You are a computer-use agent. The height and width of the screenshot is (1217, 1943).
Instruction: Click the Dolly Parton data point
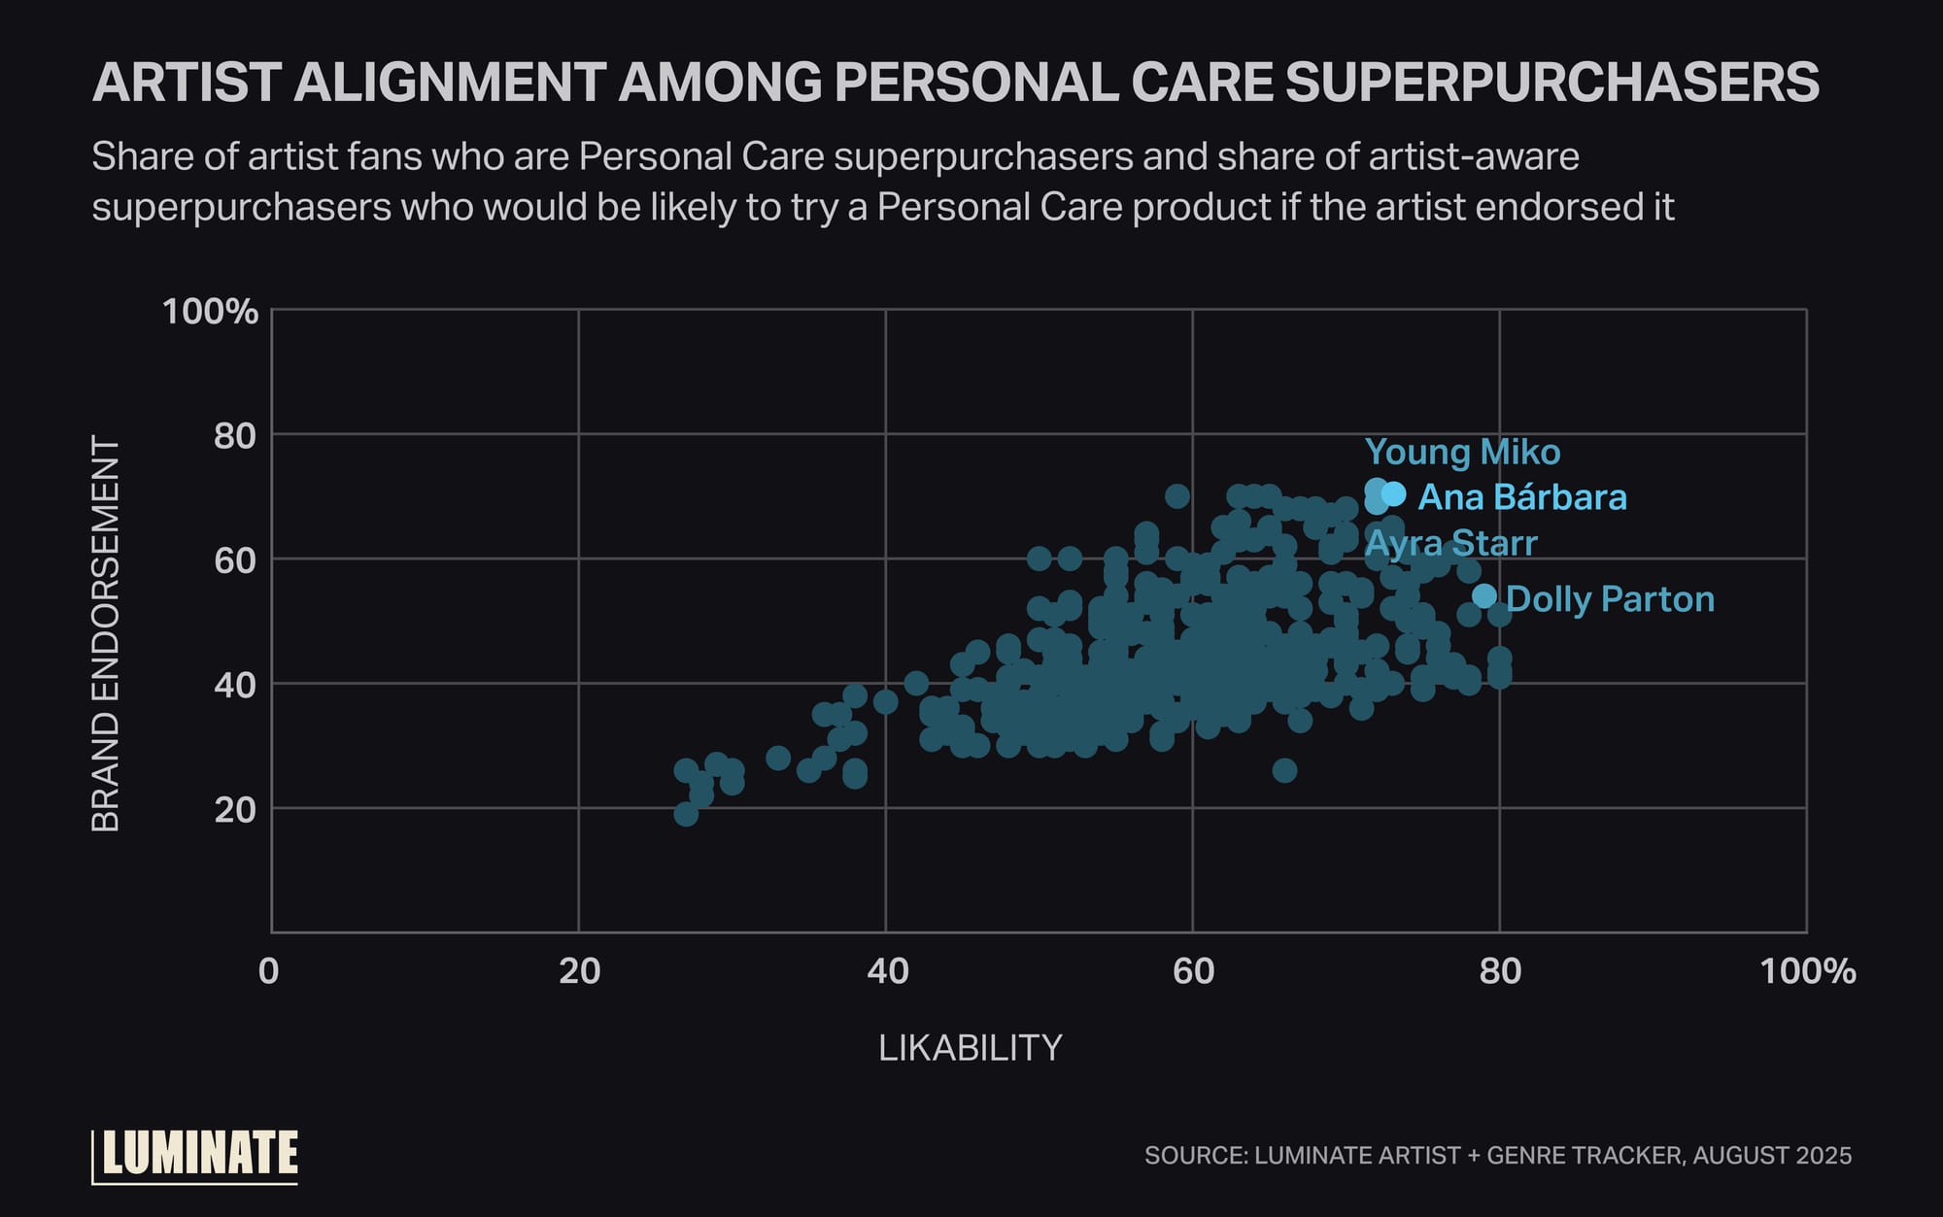pos(1483,595)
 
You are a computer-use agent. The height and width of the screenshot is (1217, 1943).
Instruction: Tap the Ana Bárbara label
pos(1521,497)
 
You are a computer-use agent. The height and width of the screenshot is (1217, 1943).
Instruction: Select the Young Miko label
pos(1462,452)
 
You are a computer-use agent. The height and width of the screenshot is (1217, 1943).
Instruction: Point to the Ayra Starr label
pos(1450,543)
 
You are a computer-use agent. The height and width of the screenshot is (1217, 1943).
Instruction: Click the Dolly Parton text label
pos(1610,599)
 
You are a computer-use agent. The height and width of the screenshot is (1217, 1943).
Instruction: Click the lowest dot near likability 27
pos(686,814)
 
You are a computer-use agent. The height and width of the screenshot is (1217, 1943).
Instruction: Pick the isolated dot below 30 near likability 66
pos(1284,770)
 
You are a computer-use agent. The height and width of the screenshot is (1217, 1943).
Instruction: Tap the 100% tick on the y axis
pos(210,312)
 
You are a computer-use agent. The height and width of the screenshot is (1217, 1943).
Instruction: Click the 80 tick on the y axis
pos(235,436)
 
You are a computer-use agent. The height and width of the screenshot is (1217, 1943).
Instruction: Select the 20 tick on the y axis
pos(235,809)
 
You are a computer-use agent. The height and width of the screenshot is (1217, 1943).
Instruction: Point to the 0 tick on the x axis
pos(269,970)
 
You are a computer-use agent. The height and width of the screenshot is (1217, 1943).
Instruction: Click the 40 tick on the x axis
pos(887,970)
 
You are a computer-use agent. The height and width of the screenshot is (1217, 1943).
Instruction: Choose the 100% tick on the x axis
pos(1807,970)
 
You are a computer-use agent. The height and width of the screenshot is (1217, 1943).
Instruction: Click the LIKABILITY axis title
pos(970,1047)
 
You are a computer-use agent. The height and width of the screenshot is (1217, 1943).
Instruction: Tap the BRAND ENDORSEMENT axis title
pos(105,633)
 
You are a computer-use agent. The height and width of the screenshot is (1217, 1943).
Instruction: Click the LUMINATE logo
pos(196,1155)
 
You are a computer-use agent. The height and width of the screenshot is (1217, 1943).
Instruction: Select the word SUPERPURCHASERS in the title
pos(1551,82)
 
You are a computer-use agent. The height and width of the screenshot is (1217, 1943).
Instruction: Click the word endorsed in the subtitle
pos(1573,207)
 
